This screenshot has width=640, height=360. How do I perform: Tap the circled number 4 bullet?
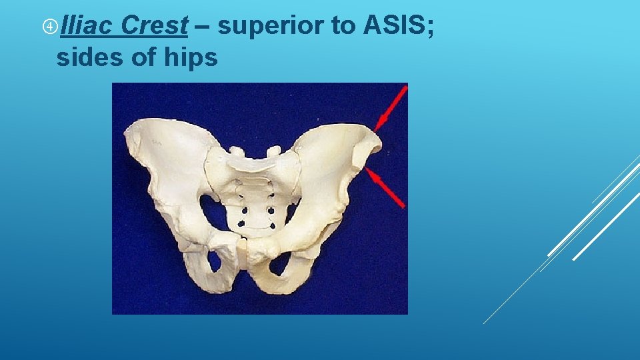point(49,27)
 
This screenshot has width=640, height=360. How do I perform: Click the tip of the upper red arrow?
point(376,129)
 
